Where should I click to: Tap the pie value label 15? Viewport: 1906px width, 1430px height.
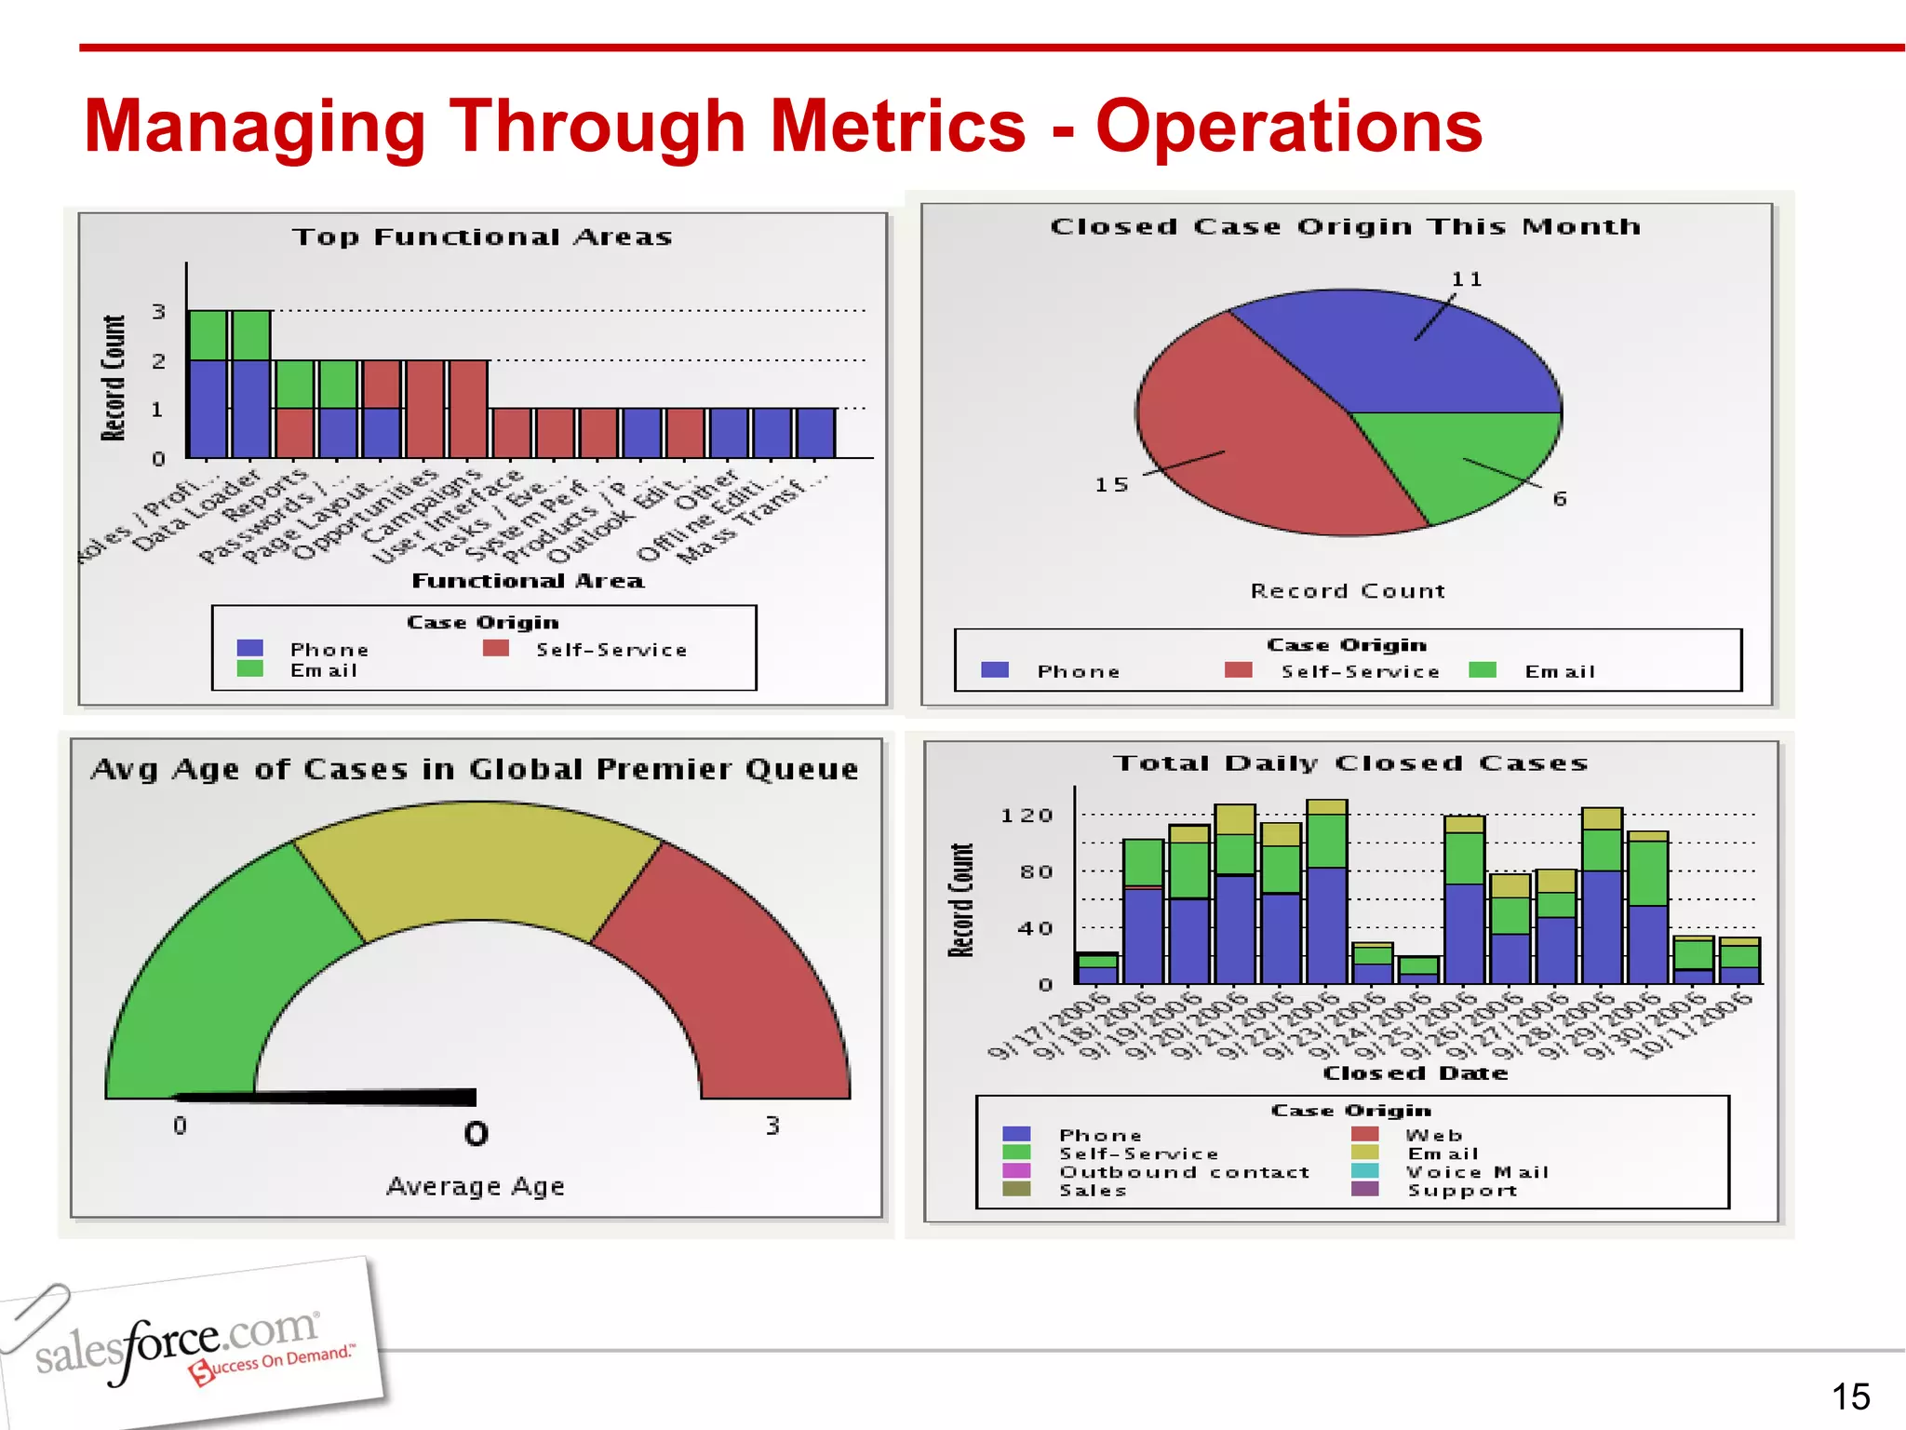(x=1111, y=485)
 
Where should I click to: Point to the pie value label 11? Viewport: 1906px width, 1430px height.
(x=1467, y=279)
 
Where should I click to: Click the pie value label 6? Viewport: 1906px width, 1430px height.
(x=1560, y=499)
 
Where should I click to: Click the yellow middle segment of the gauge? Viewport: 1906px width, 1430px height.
(x=476, y=866)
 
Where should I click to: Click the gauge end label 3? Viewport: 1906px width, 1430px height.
(x=772, y=1126)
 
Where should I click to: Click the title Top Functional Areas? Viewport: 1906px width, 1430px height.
(x=482, y=237)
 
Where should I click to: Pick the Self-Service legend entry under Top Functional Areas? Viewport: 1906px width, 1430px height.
(x=610, y=650)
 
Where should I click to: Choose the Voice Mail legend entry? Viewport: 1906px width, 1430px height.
(x=1476, y=1172)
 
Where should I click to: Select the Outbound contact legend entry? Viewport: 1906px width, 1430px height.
(x=1184, y=1172)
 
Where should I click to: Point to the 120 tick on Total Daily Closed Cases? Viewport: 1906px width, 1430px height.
(x=1027, y=816)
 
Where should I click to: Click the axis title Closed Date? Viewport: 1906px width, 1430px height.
(x=1415, y=1073)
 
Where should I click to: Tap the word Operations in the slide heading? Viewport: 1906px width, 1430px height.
(x=1288, y=127)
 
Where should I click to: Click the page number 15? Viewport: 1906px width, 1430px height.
(x=1850, y=1396)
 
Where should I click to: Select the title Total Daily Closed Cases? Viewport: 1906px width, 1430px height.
(x=1350, y=763)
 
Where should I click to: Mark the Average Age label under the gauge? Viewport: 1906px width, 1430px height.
(x=476, y=1186)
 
